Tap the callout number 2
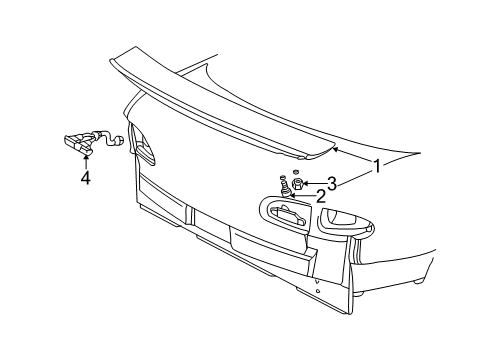(320, 195)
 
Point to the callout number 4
(86, 179)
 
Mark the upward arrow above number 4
(86, 158)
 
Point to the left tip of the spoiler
(111, 61)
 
